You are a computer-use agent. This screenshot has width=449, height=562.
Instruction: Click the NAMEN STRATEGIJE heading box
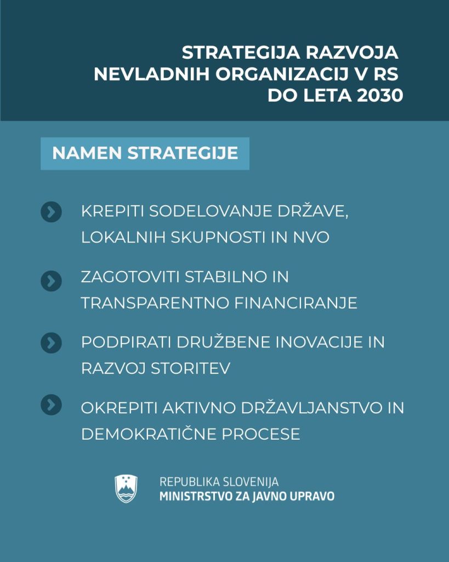[145, 153]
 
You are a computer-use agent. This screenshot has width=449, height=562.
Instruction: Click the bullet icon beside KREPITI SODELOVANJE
[51, 212]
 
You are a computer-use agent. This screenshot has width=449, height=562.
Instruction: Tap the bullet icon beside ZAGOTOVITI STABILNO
[51, 281]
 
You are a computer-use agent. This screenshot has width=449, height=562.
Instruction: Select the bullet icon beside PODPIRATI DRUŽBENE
[51, 344]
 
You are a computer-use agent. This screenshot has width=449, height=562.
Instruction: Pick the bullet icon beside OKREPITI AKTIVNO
[51, 405]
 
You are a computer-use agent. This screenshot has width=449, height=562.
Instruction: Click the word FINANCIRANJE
[295, 302]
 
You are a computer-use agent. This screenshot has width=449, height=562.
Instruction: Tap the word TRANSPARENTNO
[155, 302]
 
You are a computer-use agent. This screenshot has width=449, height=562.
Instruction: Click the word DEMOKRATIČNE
[149, 434]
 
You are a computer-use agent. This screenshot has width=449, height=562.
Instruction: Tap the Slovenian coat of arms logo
[126, 488]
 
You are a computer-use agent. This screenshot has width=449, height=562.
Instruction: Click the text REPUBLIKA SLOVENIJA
[219, 482]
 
